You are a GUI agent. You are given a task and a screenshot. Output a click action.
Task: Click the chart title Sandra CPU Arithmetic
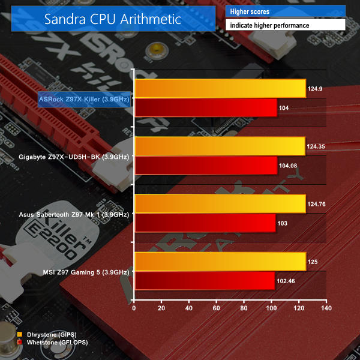112,19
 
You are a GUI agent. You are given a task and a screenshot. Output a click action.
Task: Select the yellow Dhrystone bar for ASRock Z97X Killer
220,89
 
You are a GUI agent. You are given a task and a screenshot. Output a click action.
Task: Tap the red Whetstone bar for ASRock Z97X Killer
206,107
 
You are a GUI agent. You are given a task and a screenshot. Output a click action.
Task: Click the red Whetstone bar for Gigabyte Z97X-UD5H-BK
206,165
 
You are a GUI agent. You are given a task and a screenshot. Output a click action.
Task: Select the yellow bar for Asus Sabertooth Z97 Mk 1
220,204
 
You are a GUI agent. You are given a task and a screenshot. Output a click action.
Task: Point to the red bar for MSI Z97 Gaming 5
205,280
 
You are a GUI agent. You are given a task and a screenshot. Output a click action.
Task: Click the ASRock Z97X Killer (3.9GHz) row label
84,98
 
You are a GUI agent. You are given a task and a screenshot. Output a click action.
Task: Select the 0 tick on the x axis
134,308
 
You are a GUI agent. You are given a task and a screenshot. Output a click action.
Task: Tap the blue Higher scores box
286,11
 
